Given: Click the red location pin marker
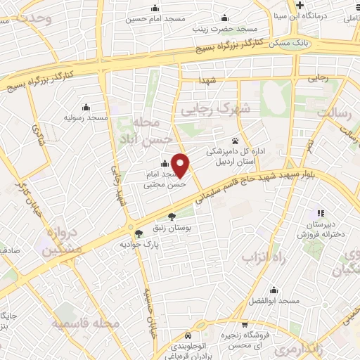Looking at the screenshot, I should [x=181, y=166].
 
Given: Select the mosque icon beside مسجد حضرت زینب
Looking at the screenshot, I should [x=224, y=18].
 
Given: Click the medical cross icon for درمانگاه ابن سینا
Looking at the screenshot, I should [x=300, y=6].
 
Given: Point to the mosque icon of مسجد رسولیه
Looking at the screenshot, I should [x=86, y=108].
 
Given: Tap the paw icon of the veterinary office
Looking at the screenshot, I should [x=235, y=141].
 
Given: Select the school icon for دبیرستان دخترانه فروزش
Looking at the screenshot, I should [x=320, y=212].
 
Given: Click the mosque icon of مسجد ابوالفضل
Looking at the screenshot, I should [x=275, y=290].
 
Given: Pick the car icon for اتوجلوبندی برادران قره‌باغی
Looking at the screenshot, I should [x=187, y=335].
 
